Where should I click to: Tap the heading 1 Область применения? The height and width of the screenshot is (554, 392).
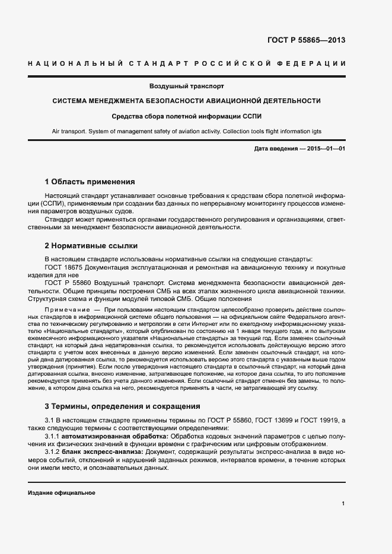(x=90, y=181)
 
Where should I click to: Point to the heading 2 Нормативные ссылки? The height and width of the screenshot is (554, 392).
(x=91, y=245)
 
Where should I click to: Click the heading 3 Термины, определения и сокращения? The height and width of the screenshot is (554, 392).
(x=123, y=406)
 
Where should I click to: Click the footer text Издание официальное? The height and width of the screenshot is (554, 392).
(x=61, y=493)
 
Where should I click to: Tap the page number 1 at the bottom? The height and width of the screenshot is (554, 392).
(x=343, y=504)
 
